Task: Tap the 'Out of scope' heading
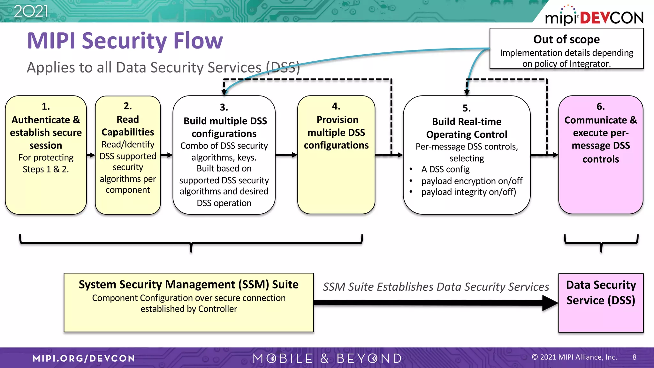[566, 39]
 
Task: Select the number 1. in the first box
[46, 106]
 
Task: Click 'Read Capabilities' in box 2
[128, 126]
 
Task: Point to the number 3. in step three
[224, 107]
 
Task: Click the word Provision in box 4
[337, 120]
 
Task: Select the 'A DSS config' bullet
[445, 169]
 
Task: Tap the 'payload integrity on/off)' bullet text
[468, 192]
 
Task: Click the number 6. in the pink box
[600, 107]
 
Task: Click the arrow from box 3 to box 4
[286, 155]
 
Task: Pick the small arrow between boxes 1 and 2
[91, 155]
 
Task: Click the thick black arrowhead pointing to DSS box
[550, 303]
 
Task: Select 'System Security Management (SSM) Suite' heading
[188, 284]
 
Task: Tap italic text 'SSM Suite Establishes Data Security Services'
[436, 287]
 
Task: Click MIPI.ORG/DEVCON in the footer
[84, 358]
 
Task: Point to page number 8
[634, 357]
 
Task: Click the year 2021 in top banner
[31, 11]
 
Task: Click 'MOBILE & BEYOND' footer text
[327, 358]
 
